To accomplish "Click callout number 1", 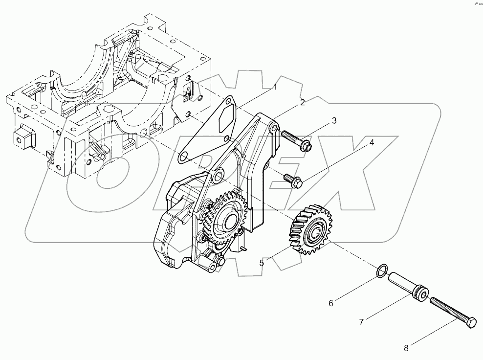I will point(275,87).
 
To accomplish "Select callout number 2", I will point(303,102).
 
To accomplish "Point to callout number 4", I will point(372,143).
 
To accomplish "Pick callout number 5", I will point(262,263).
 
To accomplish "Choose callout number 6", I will point(331,303).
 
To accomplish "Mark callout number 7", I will point(361,322).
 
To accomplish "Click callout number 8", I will point(406,348).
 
